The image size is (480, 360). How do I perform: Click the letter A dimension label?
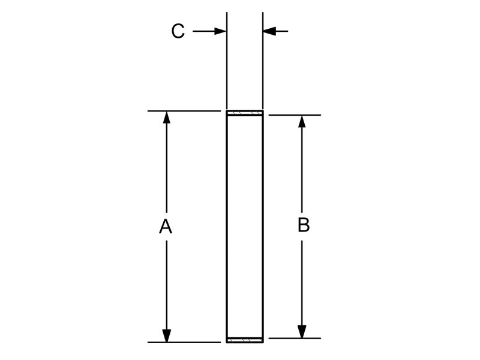(166, 227)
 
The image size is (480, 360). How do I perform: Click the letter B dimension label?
(304, 225)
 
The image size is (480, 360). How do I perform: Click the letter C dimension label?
(178, 31)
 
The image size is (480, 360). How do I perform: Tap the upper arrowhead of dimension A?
(167, 118)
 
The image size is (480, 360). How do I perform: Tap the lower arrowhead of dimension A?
(167, 336)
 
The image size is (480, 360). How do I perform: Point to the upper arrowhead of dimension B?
(302, 122)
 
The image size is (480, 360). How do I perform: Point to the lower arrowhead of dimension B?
(302, 332)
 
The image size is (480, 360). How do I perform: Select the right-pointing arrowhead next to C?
(220, 31)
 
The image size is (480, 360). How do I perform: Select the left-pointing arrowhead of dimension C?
(269, 31)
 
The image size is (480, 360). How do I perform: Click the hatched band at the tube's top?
(245, 113)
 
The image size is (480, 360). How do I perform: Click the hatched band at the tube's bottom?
(245, 340)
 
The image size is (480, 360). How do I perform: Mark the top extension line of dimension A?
(184, 111)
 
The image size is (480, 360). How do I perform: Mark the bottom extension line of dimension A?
(184, 342)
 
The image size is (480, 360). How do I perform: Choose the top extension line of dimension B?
(295, 115)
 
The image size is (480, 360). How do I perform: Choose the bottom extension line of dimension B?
(295, 338)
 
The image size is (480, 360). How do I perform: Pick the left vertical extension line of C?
(227, 61)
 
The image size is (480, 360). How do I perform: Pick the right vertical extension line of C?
(263, 61)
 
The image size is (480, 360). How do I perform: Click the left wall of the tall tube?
(227, 227)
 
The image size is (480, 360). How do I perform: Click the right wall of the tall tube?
(263, 227)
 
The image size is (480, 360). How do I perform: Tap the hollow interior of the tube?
(245, 227)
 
